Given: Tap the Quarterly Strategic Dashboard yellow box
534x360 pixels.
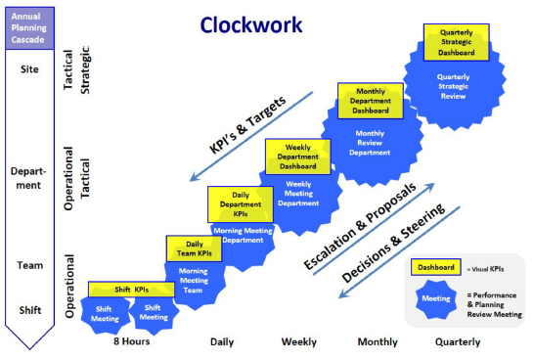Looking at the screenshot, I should click(x=457, y=43).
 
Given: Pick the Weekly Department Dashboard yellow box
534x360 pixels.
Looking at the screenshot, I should click(x=298, y=158).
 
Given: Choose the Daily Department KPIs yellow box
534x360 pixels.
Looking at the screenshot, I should click(x=241, y=203).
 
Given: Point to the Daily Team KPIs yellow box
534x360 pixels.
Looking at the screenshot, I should click(x=195, y=248).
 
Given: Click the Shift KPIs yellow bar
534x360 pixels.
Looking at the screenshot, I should click(x=131, y=290).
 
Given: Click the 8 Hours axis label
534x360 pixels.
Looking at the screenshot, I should click(x=131, y=341).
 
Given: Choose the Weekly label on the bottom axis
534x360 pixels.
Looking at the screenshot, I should click(x=298, y=341).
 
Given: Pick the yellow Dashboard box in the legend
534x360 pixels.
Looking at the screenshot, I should click(x=435, y=266).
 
